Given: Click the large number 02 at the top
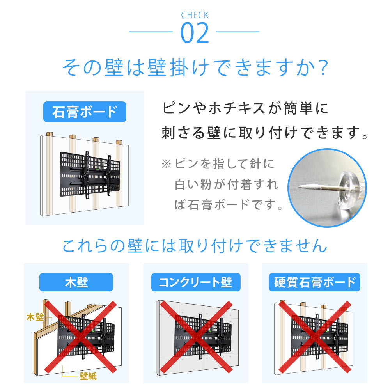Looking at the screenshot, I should click(x=195, y=34).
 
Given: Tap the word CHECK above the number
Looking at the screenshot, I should click(x=195, y=16).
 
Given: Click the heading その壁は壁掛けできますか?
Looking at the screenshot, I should click(x=195, y=68).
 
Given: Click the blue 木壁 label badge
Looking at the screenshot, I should click(x=76, y=282).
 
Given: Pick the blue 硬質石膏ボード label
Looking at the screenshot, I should click(x=315, y=282).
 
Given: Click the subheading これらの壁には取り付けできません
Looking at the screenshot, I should click(x=195, y=246).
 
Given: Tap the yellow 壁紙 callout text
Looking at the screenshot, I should click(x=88, y=376).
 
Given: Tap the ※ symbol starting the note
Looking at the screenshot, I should click(x=167, y=164).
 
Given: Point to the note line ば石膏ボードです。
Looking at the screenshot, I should click(x=229, y=204).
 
